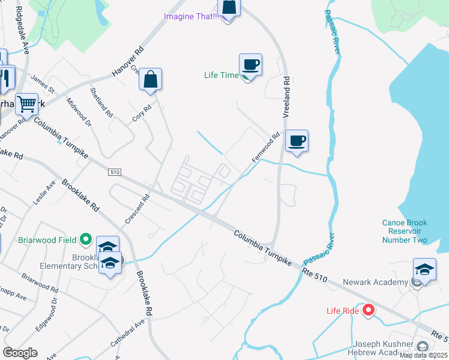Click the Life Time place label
coord(221,75)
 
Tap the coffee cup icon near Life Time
coord(250,64)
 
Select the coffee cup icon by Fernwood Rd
coord(297,141)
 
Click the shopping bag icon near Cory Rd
coord(150,79)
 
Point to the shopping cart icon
coord(26,104)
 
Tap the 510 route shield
coord(115,172)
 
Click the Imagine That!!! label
coord(191,16)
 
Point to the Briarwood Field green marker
coord(86,240)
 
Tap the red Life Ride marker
coord(368,310)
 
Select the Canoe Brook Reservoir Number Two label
coord(405,232)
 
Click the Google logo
coord(20,353)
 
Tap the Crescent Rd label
coord(137,208)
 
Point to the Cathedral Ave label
coord(127,332)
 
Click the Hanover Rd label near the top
coord(128,62)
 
